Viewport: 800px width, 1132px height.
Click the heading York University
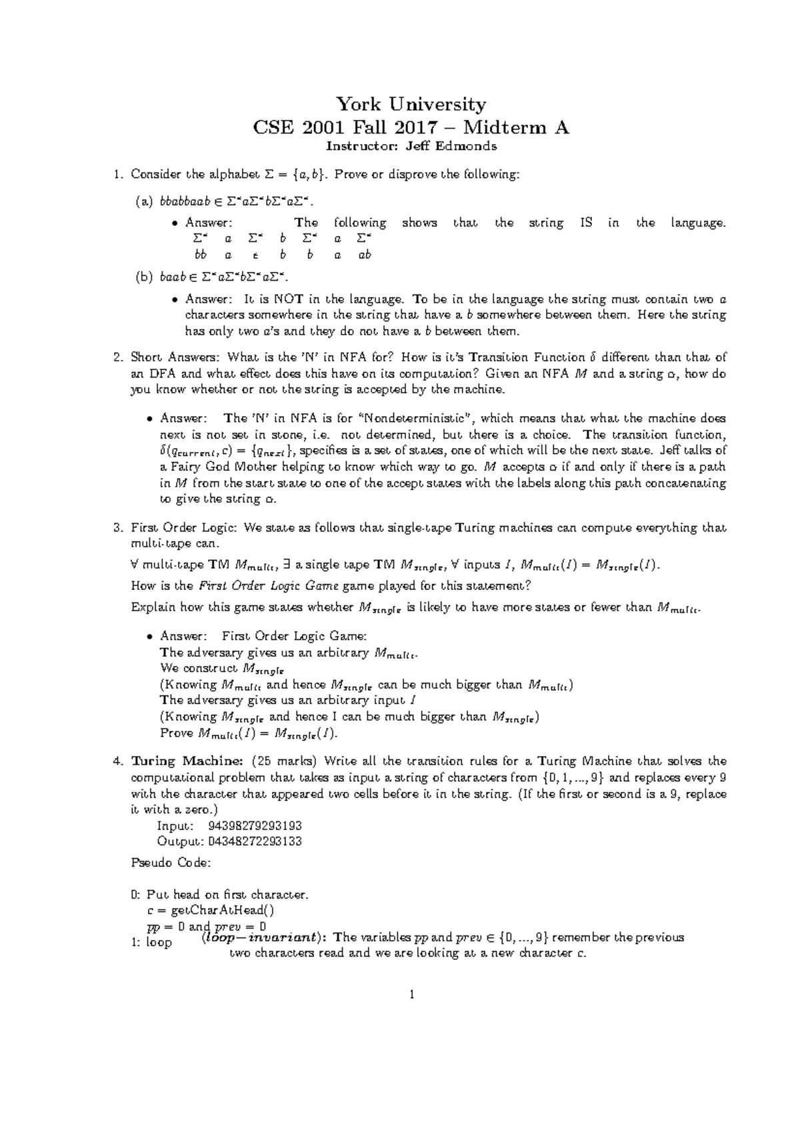tap(411, 105)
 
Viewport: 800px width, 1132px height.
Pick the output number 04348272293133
tap(255, 841)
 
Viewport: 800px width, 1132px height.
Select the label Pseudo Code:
tap(171, 863)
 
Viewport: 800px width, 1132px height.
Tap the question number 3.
tap(118, 528)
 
